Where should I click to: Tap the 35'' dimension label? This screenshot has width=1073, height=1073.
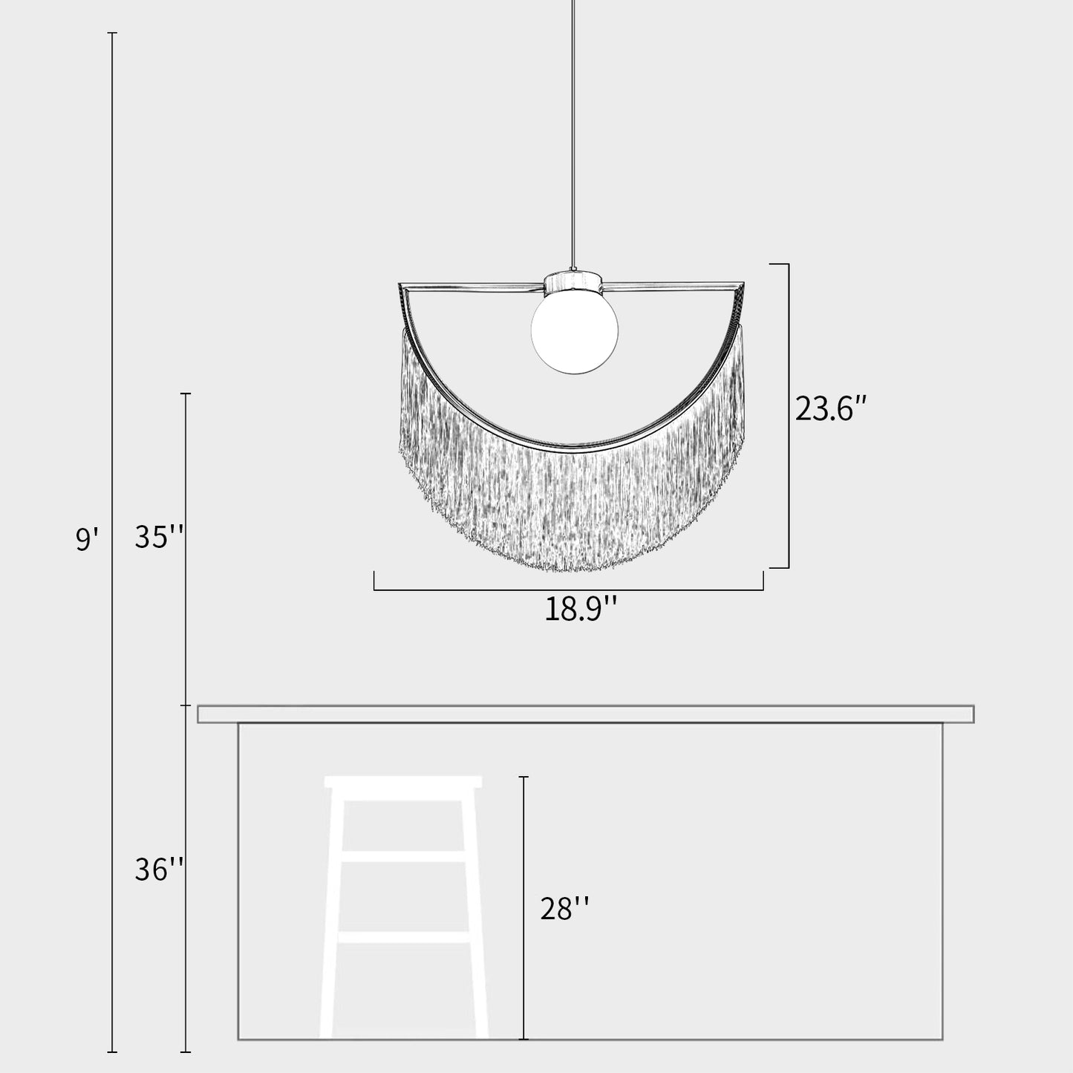[159, 536]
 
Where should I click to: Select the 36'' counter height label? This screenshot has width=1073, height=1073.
[159, 870]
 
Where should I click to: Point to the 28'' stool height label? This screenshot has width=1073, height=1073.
[564, 908]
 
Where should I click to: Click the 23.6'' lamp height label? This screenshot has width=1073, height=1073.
[831, 408]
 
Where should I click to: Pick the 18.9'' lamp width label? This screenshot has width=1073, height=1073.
[581, 610]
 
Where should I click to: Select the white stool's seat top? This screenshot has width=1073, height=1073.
[403, 782]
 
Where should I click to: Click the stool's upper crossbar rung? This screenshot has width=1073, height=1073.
[403, 856]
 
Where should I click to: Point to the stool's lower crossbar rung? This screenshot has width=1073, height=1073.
[403, 937]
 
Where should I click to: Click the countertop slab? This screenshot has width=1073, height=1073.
[585, 714]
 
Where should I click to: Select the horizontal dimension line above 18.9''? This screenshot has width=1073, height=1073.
[568, 590]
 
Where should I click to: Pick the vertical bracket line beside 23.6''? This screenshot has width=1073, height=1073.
[788, 416]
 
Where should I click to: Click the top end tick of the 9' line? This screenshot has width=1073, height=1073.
[113, 33]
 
